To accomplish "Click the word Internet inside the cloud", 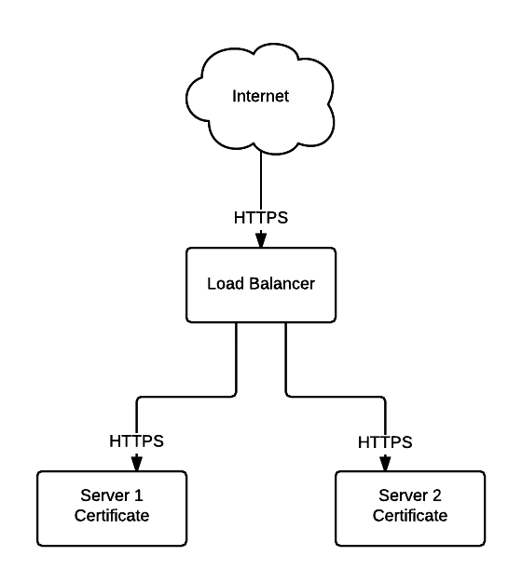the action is [x=260, y=96].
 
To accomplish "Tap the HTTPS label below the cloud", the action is [x=261, y=218].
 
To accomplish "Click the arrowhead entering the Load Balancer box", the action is [x=261, y=239].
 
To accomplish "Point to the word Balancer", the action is [x=282, y=284].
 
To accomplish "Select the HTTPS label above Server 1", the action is [x=136, y=441].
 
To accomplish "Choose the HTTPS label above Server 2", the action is [x=385, y=442].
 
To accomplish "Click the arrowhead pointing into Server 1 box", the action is [x=137, y=463].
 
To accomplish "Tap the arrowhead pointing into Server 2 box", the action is [x=385, y=464].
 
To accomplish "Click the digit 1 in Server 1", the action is [x=138, y=495].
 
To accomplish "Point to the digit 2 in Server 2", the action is [x=437, y=495].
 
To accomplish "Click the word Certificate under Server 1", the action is [x=112, y=516].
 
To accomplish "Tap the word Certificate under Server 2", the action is [x=410, y=516].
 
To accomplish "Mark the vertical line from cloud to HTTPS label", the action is [x=261, y=181].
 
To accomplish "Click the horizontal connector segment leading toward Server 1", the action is [x=186, y=397].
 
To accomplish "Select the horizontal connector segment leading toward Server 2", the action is [x=336, y=397].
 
